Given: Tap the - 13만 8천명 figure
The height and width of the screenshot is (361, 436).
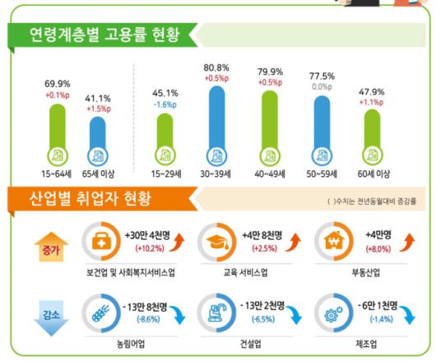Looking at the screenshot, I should pyautogui.click(x=145, y=305).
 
